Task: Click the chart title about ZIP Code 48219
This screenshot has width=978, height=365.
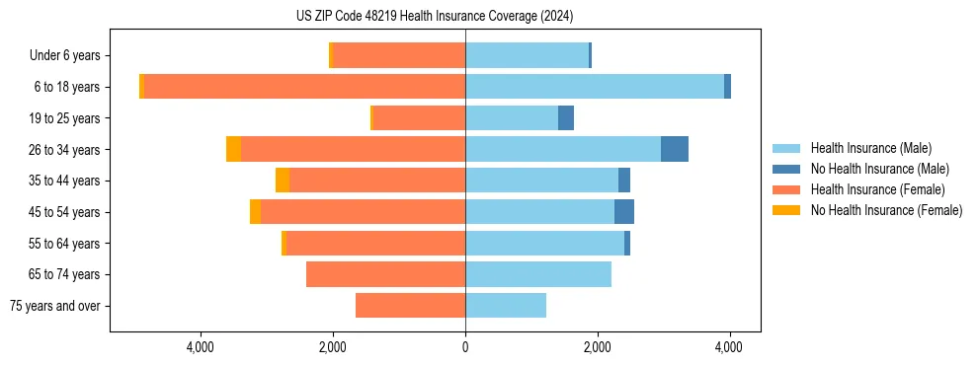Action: (x=435, y=17)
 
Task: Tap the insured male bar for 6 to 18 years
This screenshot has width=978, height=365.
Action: (x=594, y=87)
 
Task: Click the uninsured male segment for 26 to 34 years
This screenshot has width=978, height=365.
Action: (x=674, y=149)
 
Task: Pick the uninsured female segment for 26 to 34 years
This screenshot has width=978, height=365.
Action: (x=233, y=149)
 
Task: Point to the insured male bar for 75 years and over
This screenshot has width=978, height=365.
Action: (x=505, y=306)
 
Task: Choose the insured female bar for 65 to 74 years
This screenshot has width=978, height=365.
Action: (x=385, y=274)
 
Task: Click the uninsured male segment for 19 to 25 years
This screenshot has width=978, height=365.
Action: (x=565, y=118)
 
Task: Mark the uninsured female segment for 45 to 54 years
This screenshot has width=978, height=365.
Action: (x=255, y=212)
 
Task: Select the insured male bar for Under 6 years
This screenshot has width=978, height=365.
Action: (x=527, y=55)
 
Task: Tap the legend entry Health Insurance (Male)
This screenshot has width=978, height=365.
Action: (x=870, y=148)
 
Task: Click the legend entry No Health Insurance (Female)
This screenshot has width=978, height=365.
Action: (x=886, y=210)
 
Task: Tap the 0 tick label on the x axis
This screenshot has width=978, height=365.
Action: (x=465, y=347)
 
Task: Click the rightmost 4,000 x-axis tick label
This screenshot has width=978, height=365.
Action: (x=729, y=347)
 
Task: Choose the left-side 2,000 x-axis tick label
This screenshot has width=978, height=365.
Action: (x=332, y=347)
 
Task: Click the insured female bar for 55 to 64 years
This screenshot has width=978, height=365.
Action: (x=375, y=243)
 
